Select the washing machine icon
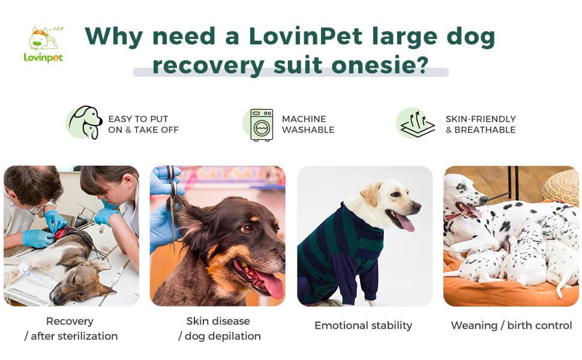click(262, 125)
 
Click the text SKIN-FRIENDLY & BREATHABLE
click(481, 124)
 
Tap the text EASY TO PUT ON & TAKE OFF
click(143, 124)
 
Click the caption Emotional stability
click(363, 325)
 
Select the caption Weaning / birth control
click(511, 325)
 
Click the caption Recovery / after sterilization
click(71, 328)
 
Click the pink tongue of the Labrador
click(406, 223)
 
